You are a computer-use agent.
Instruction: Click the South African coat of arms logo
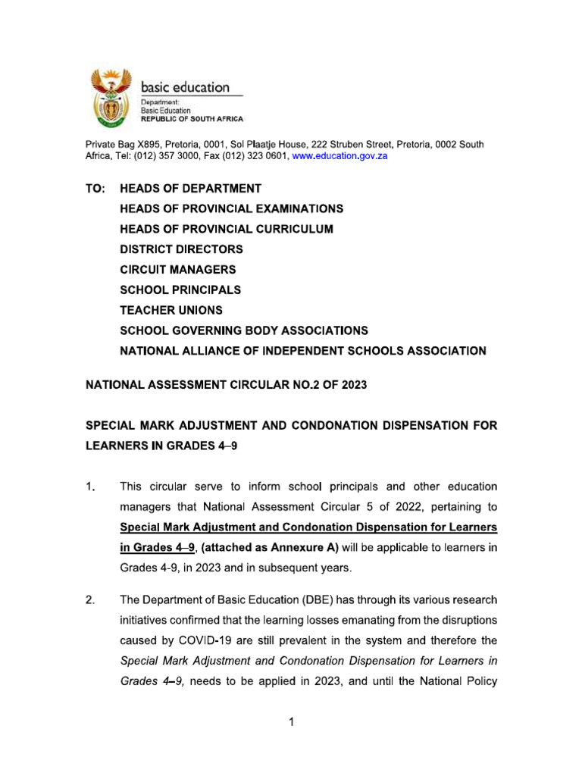tap(112, 98)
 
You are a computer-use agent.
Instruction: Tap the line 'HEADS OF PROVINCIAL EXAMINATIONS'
tap(231, 208)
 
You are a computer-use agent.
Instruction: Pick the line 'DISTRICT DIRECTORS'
tap(181, 249)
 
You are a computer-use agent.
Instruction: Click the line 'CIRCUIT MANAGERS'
tap(178, 270)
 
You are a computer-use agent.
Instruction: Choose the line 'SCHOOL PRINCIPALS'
tap(180, 290)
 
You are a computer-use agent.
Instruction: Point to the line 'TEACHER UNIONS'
tap(171, 311)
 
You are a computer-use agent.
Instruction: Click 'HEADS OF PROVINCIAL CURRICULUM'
tap(227, 229)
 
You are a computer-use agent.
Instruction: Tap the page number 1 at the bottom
tap(290, 723)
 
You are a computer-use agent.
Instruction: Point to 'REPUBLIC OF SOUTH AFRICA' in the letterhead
tap(192, 120)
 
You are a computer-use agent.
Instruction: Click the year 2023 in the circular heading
tap(352, 385)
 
